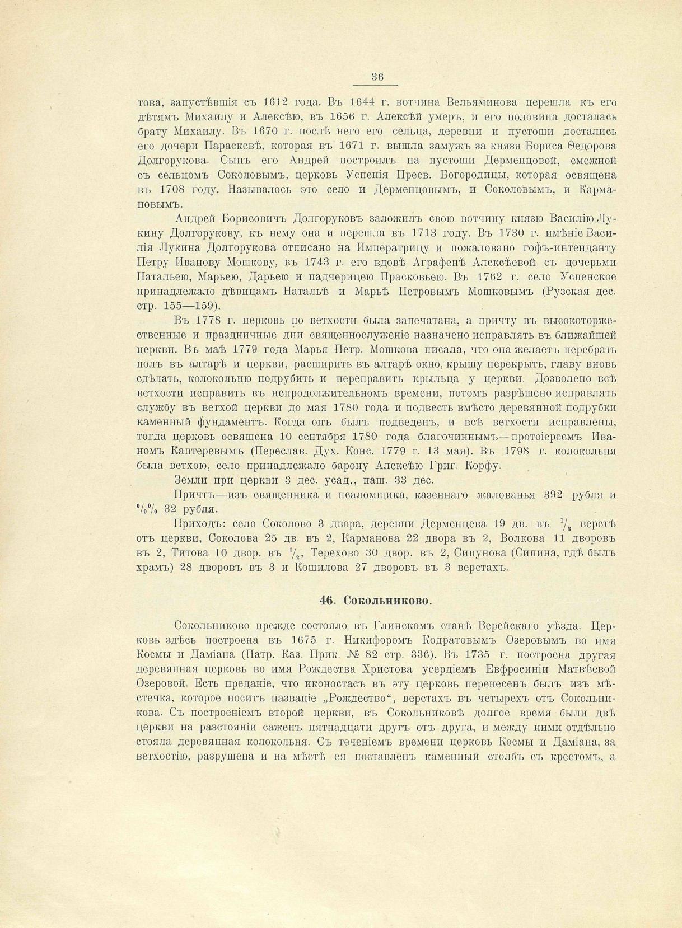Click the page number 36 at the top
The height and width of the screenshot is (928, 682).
pos(377,77)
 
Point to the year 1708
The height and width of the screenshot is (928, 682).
pos(169,190)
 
